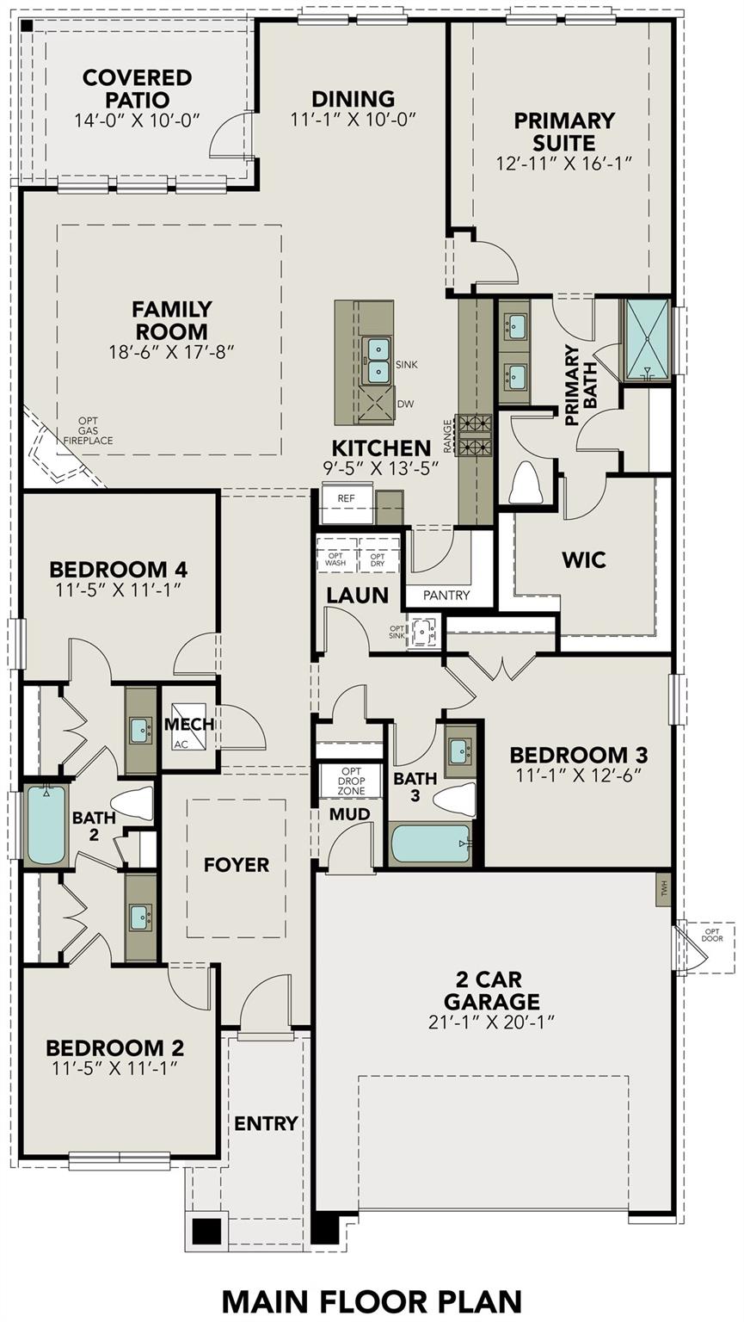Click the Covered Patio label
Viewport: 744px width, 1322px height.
click(137, 89)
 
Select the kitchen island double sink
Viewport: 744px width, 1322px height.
click(378, 360)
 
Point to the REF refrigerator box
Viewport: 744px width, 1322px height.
click(347, 498)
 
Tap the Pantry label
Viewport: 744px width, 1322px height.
click(447, 595)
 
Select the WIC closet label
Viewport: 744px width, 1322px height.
click(584, 559)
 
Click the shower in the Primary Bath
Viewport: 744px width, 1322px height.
click(648, 338)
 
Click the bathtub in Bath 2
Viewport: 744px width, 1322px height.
click(46, 825)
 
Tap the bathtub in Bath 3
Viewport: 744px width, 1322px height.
click(431, 843)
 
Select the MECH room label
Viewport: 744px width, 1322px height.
click(189, 725)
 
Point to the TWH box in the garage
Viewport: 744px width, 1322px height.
click(663, 886)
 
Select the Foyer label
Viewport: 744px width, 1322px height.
click(237, 865)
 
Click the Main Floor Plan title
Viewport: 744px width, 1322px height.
click(372, 1300)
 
